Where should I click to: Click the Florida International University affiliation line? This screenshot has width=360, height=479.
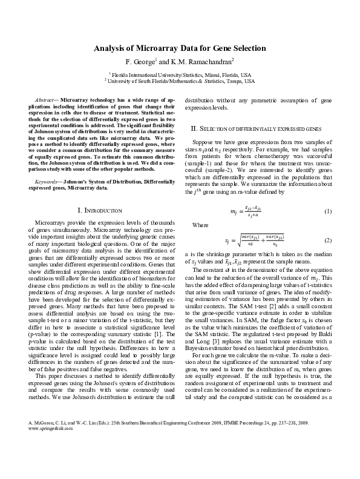(x=180, y=73)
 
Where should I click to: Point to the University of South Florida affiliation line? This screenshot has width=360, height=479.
(x=180, y=79)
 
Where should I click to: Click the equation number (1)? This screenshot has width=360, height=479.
(x=327, y=211)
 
